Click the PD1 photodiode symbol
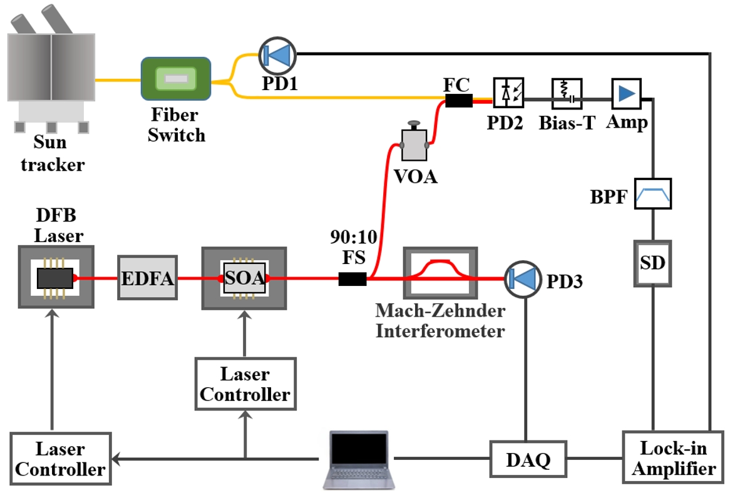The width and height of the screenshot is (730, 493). pos(276,55)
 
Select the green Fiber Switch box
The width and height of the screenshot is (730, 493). pos(176,79)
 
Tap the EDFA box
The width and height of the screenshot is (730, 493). pos(147,278)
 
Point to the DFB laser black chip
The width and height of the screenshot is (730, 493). pos(55,277)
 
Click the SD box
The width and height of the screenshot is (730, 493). pos(653,263)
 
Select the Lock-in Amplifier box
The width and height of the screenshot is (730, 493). pos(674,459)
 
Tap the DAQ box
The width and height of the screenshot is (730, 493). pos(528,460)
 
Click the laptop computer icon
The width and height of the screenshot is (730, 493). pos(358,459)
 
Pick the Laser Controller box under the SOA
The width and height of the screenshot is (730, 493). pos(245,384)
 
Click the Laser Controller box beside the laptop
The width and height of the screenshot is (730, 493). pos(60,459)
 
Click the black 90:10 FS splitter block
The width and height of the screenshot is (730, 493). pos(352,279)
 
